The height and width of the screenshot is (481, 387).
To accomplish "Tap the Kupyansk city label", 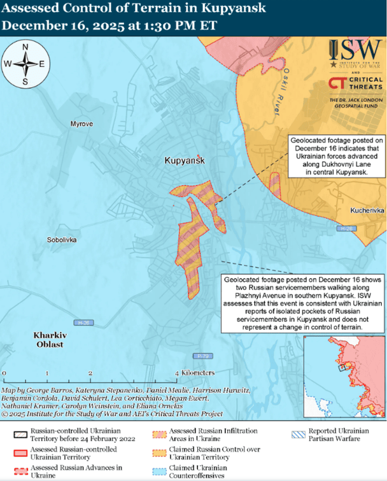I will (184, 162).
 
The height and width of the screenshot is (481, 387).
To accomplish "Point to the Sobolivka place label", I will (62, 240).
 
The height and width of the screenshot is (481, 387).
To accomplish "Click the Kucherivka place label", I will (367, 210).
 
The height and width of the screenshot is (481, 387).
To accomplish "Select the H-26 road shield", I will (81, 323).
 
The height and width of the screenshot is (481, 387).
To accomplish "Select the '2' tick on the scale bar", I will (91, 372).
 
